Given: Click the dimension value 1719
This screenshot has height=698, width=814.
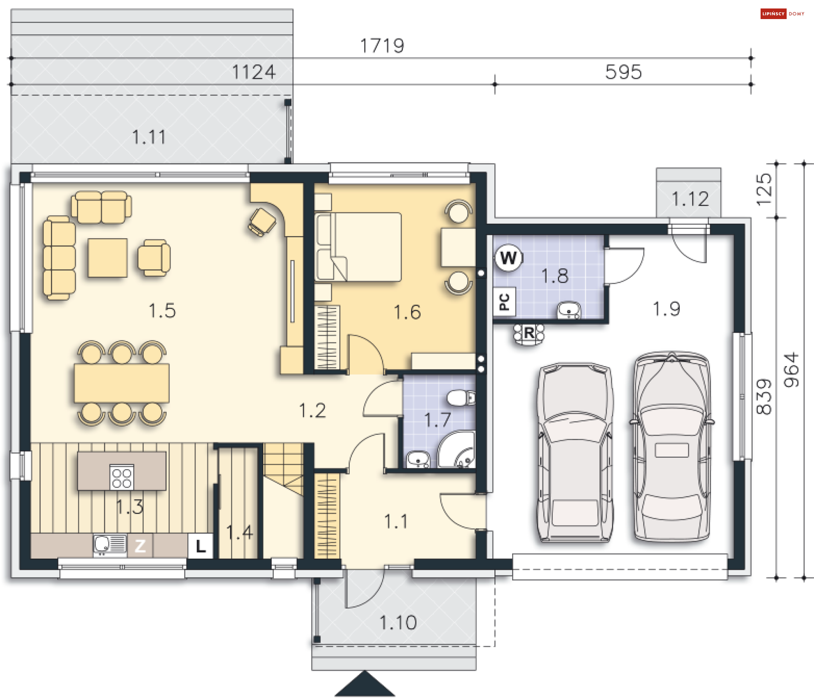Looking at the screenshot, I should pos(382,46).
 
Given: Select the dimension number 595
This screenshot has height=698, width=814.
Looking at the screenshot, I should pos(623,72).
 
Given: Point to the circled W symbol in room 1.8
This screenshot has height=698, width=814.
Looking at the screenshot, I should pos(508,257).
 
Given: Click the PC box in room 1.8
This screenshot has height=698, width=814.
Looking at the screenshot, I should pos(504,302).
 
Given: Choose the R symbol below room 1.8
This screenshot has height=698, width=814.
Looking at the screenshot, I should pos(529,333).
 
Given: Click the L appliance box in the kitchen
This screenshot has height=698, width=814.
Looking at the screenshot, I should pos(201,546).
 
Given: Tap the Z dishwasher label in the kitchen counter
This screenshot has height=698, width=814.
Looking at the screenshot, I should pos(140,546).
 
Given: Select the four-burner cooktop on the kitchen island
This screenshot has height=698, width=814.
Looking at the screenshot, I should pos(122,477).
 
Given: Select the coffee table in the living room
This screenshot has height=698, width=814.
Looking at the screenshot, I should pos(108,258).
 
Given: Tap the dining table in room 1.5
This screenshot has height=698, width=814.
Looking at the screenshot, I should pos(122,383).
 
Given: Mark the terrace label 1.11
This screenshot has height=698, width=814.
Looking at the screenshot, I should pos(149,137).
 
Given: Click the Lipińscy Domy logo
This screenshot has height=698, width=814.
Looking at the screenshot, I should pos(782,14).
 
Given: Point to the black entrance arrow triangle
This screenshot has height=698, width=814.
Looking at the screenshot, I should pos(365,685).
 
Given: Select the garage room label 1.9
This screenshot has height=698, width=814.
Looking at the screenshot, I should pos(666,309).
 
